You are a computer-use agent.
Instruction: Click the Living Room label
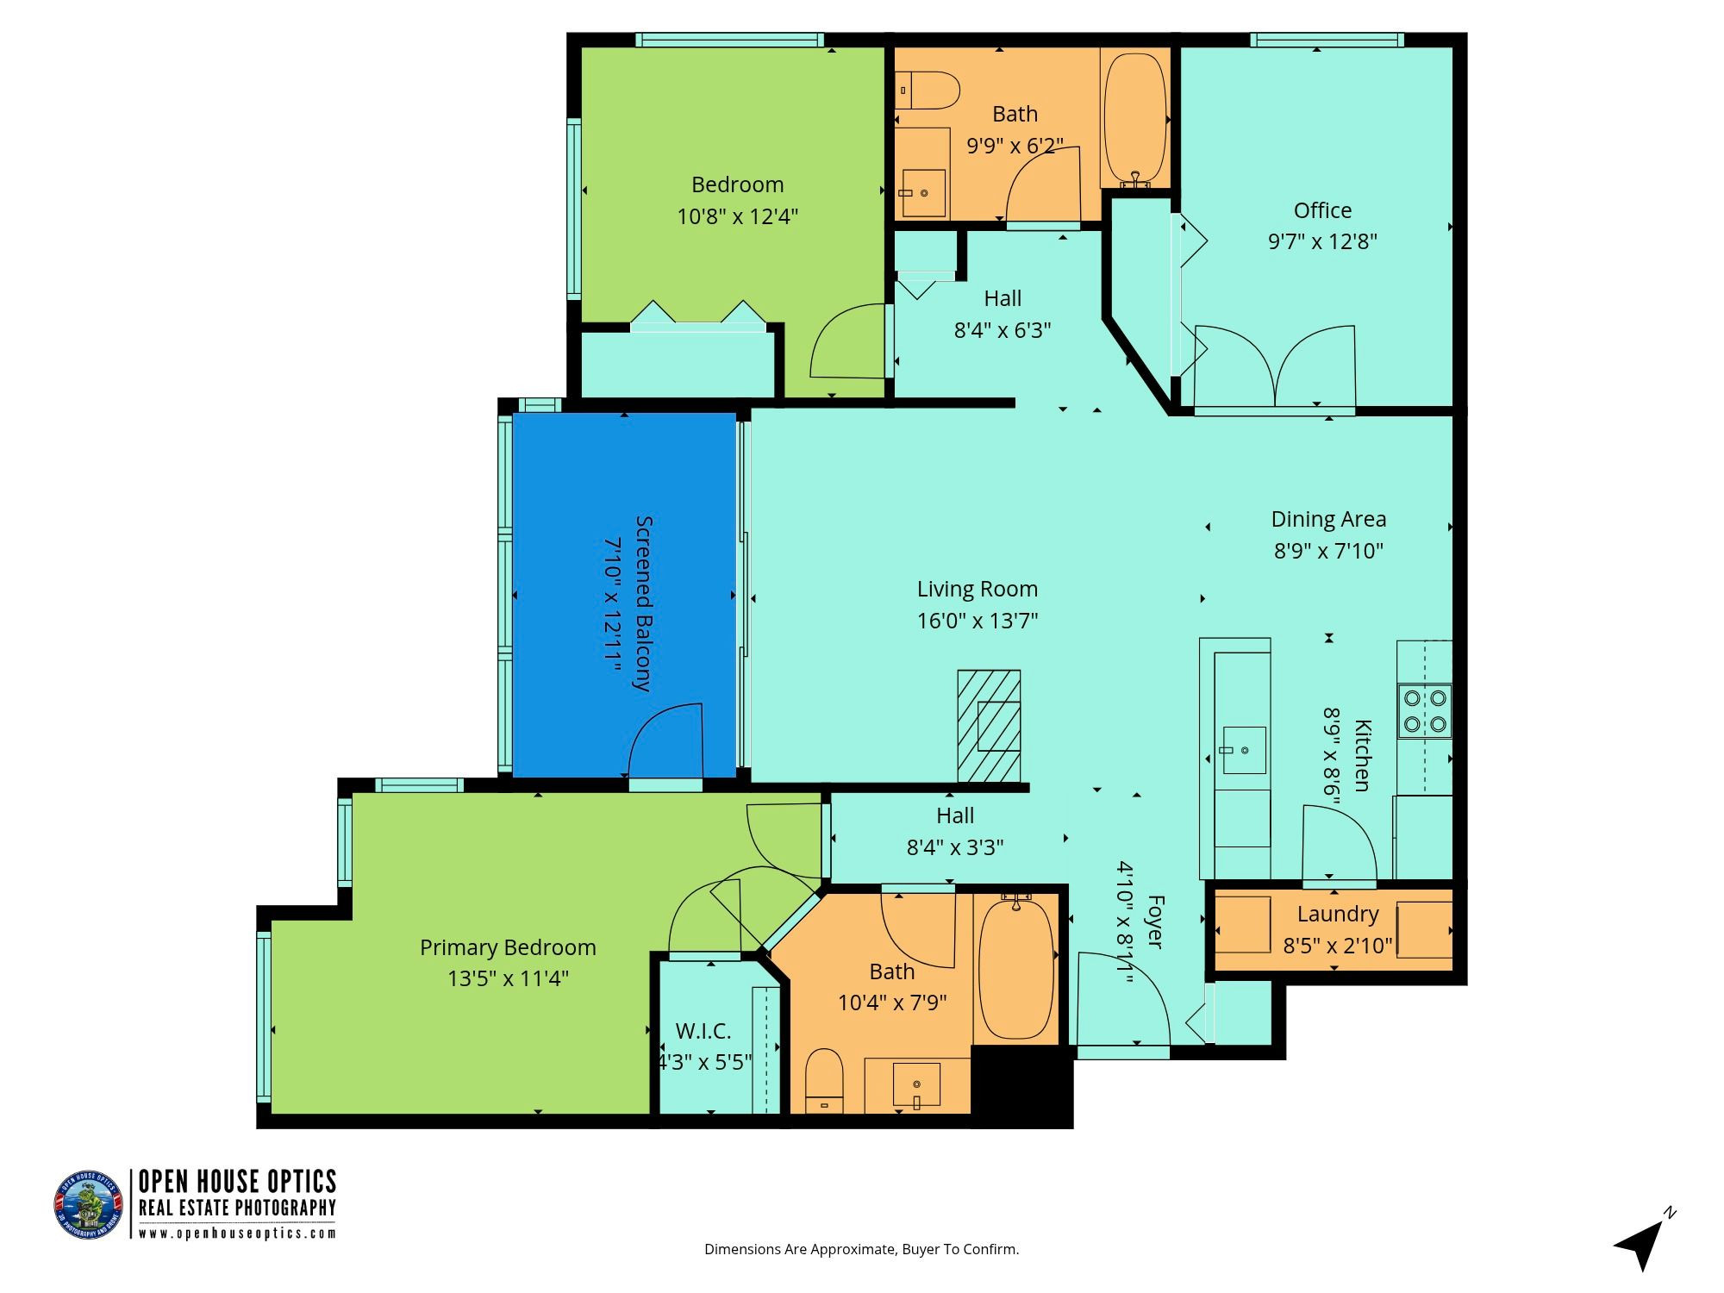[977, 589]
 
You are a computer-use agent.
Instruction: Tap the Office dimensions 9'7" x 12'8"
[1322, 241]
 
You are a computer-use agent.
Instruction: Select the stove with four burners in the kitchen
[1424, 711]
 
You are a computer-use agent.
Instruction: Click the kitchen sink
[1245, 750]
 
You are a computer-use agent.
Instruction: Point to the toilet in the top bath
[928, 90]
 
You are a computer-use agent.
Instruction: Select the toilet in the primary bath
[824, 1081]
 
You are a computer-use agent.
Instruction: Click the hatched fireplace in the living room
[990, 726]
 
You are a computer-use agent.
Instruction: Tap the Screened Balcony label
[643, 603]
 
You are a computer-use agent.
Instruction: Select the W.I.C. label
[703, 1031]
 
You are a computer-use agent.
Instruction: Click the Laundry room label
[1338, 914]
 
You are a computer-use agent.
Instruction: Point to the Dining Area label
[1328, 519]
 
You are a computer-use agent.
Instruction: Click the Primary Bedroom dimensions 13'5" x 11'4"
[508, 978]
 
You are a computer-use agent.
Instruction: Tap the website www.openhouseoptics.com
[237, 1233]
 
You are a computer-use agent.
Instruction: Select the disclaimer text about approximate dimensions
[861, 1249]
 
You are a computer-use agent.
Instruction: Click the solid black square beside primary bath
[1022, 1086]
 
